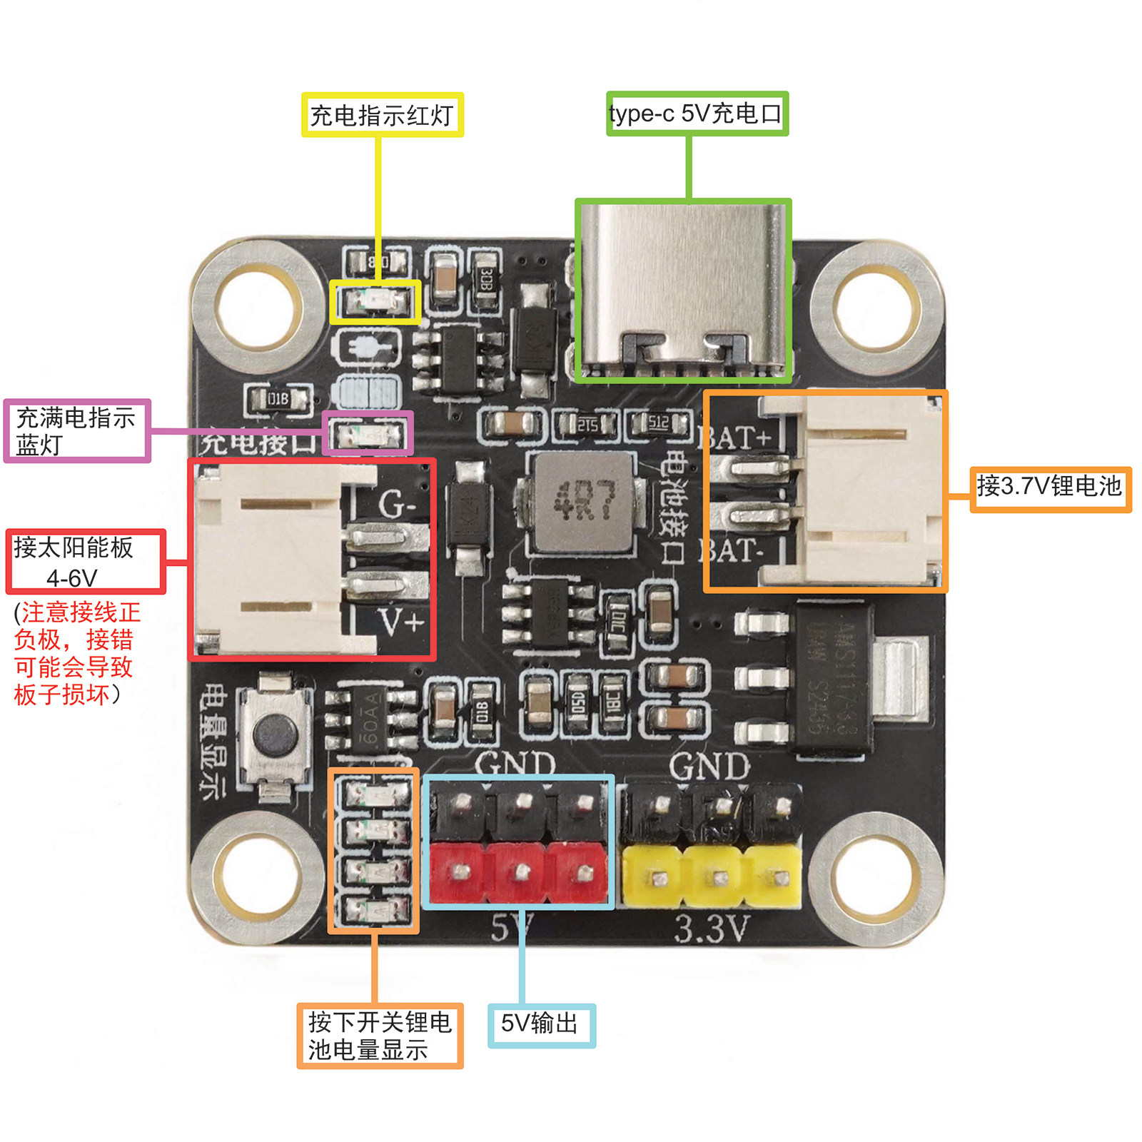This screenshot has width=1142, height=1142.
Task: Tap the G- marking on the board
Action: (x=397, y=505)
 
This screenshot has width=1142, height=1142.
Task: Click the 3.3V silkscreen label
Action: (x=711, y=929)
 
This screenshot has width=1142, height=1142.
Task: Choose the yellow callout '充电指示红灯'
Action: (x=382, y=115)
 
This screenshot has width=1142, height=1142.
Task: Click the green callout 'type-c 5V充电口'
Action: (x=697, y=113)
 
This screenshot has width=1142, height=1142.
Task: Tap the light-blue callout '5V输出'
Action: (x=541, y=1025)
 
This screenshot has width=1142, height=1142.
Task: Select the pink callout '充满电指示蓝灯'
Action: (x=76, y=431)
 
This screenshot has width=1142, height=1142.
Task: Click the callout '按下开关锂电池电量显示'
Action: (x=379, y=1036)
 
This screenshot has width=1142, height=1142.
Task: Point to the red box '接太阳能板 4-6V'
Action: (x=85, y=562)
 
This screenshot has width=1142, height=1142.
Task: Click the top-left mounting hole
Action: (x=259, y=308)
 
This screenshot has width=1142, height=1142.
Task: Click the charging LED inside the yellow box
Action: (x=375, y=303)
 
